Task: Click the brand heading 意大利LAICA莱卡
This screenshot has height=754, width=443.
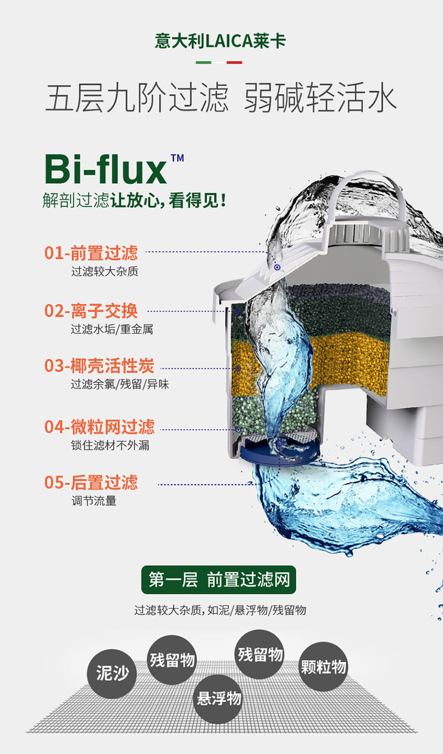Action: pos(220,41)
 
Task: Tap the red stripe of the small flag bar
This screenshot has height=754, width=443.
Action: pos(234,63)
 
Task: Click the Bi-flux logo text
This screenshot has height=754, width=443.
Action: pos(106,168)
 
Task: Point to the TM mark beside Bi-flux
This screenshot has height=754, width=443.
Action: pos(177,158)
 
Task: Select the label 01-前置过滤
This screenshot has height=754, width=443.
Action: pos(91,253)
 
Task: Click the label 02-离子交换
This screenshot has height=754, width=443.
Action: pos(91,311)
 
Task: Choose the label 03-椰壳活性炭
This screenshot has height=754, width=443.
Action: pos(100,366)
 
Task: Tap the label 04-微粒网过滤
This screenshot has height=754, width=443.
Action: pos(100,427)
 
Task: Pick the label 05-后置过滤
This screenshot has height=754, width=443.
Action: pos(91,483)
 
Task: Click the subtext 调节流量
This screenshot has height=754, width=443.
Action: pos(94,501)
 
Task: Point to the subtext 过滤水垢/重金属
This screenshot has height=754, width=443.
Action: pos(112,329)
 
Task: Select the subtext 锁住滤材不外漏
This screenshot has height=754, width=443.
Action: pos(110,446)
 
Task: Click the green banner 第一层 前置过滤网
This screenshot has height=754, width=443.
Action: pos(218,580)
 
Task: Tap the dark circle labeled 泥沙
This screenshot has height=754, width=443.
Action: pos(112,673)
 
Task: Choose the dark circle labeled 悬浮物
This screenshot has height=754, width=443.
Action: pos(218,699)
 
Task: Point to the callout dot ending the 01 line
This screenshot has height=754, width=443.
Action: pos(277,267)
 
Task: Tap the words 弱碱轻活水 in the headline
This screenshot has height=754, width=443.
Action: pos(320,98)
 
